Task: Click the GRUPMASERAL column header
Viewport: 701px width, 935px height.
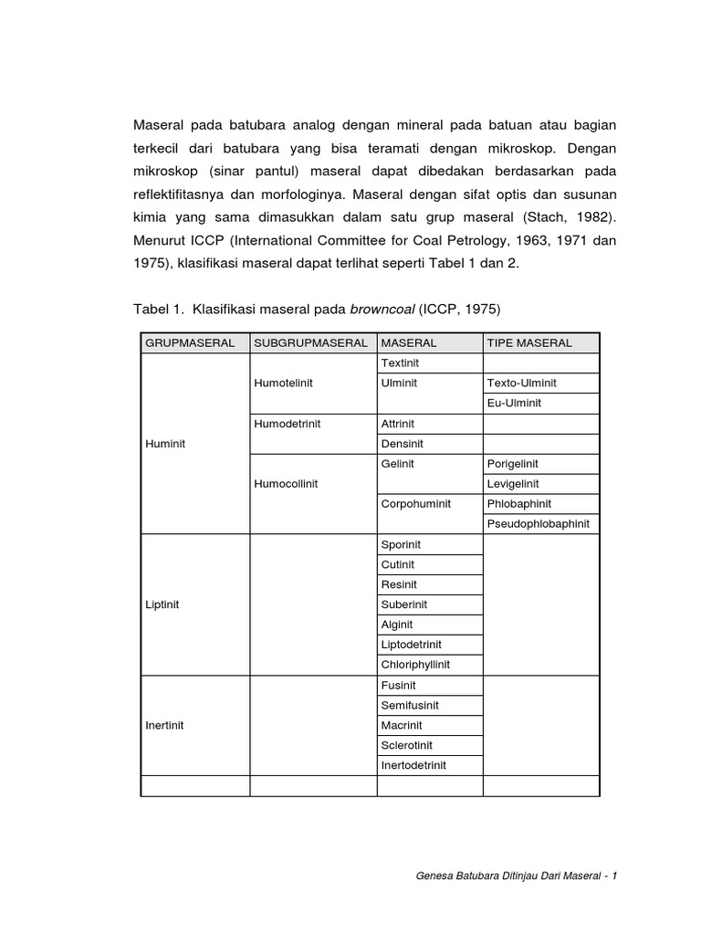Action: (190, 342)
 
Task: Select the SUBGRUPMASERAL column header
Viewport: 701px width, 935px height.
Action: (310, 342)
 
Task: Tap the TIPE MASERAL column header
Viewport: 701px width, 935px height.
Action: (529, 342)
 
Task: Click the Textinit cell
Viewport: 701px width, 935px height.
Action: (400, 362)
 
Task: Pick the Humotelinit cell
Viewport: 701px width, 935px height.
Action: (283, 383)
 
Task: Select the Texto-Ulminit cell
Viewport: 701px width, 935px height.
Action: (522, 383)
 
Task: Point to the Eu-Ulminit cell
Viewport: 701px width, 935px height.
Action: (515, 403)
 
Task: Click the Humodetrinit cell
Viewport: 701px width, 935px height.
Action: (287, 424)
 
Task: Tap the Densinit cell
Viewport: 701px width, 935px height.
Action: (403, 444)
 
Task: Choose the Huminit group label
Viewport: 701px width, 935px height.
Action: (165, 444)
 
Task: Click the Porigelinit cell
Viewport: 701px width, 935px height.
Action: (518, 464)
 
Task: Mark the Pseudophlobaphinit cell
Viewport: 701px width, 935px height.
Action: (539, 524)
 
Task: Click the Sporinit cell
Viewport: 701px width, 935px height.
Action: (401, 544)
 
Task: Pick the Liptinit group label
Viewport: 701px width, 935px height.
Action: (163, 604)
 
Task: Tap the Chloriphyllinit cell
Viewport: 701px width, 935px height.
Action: (415, 665)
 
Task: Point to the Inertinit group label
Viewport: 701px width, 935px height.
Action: (165, 725)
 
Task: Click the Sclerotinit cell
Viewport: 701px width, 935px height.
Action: (407, 745)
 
